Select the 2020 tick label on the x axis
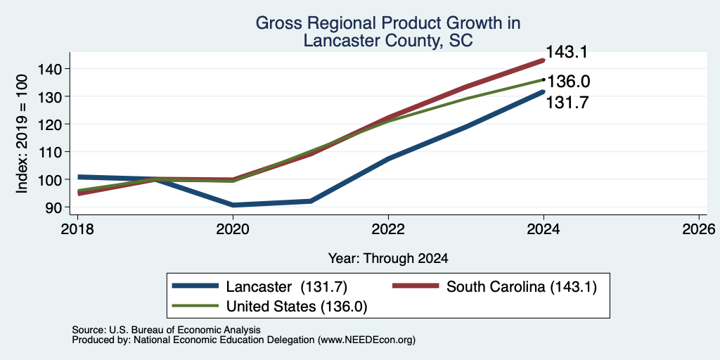click(233, 229)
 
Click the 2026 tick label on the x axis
click(699, 229)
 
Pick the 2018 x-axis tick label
click(77, 229)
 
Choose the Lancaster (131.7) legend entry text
click(287, 287)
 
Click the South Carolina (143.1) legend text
click(522, 287)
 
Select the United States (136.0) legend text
click(297, 307)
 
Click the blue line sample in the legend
click(195, 286)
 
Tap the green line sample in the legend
click(195, 305)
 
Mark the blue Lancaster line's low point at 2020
click(233, 205)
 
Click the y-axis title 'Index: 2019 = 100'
click(22, 134)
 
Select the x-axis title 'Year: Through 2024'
click(388, 259)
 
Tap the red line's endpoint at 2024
click(544, 60)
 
